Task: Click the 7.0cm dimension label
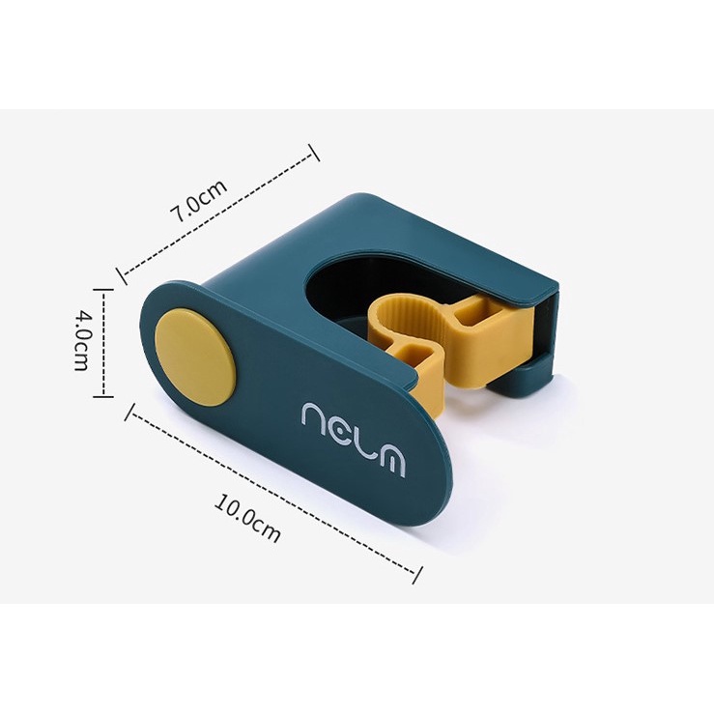198,201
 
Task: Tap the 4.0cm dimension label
81,341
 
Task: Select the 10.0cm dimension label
246,519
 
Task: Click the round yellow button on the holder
195,357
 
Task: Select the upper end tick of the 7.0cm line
314,153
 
